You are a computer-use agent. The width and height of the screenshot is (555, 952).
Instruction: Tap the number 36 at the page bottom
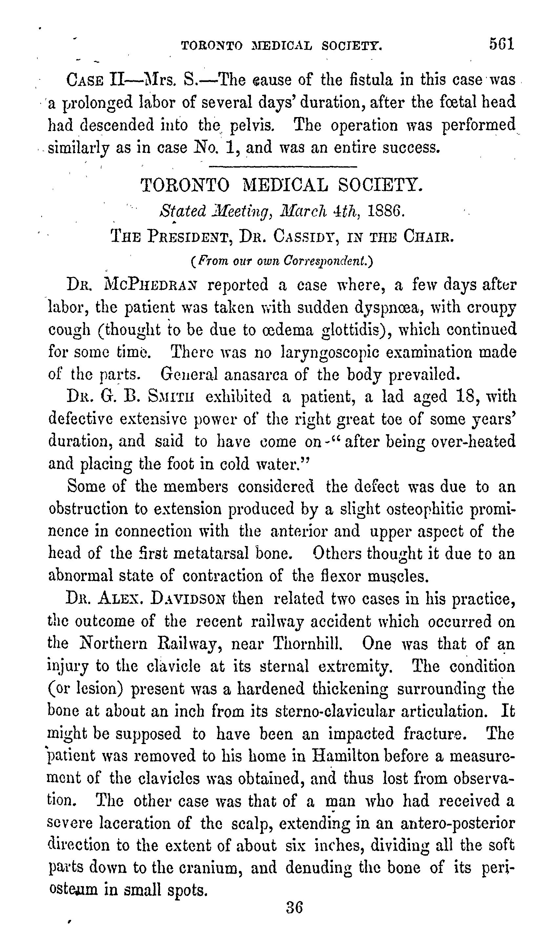[x=294, y=907]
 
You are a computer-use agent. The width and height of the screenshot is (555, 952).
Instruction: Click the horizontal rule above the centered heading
[x=283, y=166]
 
